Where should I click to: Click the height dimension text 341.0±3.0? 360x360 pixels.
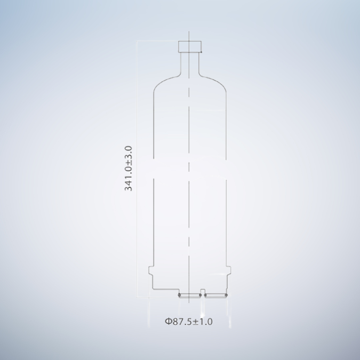(129, 168)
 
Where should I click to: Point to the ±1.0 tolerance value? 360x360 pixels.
(203, 322)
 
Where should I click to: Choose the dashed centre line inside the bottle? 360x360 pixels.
(190, 213)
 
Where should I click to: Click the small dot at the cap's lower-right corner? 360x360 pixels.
(202, 52)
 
